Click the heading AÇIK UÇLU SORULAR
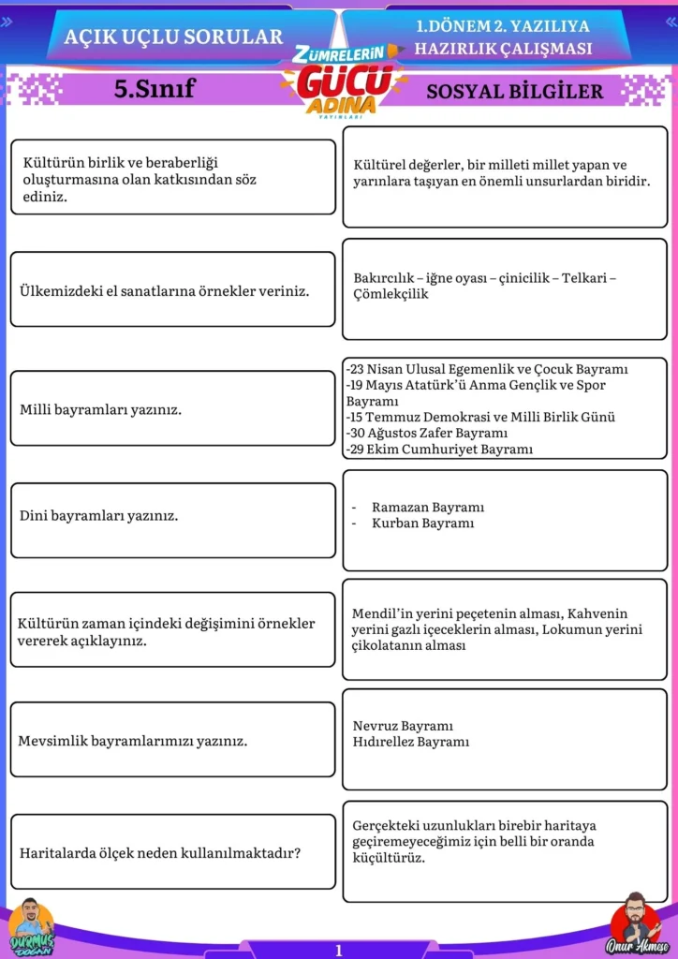(173, 37)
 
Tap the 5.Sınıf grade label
(155, 89)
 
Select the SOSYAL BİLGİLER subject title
(514, 91)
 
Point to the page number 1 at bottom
(339, 950)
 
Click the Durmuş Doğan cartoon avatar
(31, 924)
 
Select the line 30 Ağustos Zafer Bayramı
(427, 433)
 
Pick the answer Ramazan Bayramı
(428, 507)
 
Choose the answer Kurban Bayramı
(422, 523)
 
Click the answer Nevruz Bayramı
(403, 726)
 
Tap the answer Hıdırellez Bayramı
(411, 742)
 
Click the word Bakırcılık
(384, 278)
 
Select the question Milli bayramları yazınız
(101, 409)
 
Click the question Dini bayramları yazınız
(99, 515)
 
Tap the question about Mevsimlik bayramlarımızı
(133, 741)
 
